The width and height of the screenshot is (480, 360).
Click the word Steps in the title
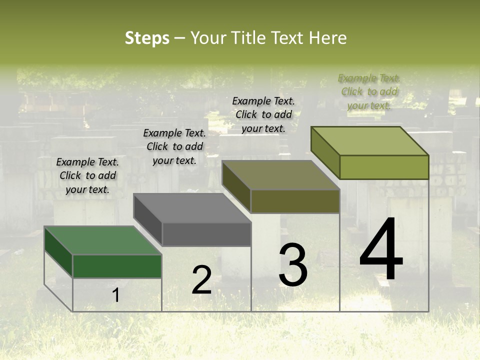pyautogui.click(x=147, y=38)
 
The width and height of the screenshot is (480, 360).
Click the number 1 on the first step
pyautogui.click(x=116, y=295)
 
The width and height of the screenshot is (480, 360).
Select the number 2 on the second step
pyautogui.click(x=201, y=280)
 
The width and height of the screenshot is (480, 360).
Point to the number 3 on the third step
pyautogui.click(x=293, y=265)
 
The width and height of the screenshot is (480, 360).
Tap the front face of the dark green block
pyautogui.click(x=117, y=266)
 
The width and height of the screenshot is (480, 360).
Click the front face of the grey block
pyautogui.click(x=206, y=234)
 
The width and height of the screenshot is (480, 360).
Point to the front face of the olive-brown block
pyautogui.click(x=295, y=201)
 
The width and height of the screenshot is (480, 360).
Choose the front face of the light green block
pyautogui.click(x=384, y=167)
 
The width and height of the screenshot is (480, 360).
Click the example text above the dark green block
pyautogui.click(x=87, y=175)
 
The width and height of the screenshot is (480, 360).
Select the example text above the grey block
pyautogui.click(x=174, y=146)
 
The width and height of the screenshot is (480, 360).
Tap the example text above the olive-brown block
pyautogui.click(x=263, y=114)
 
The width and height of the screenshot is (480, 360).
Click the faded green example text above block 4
pyautogui.click(x=369, y=91)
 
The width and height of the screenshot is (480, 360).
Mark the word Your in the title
pyautogui.click(x=209, y=38)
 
